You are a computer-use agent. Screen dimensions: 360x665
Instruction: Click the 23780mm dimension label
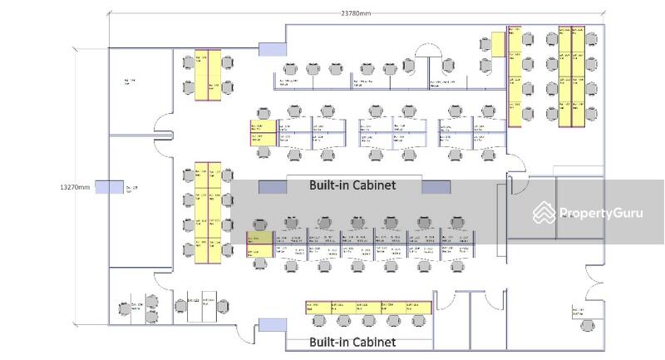tap(356, 12)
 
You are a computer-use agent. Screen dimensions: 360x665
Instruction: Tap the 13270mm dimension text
tap(74, 188)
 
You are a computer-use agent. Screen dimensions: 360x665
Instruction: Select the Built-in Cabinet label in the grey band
tap(352, 185)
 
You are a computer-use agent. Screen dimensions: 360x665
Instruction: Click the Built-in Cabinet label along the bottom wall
tap(352, 342)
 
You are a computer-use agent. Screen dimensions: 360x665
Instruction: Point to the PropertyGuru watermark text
tap(601, 214)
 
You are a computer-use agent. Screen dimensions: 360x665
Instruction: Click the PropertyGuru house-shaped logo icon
tap(544, 213)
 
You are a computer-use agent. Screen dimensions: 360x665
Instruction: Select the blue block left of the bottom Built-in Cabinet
tap(272, 325)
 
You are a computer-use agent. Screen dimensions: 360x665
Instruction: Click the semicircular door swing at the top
tap(432, 50)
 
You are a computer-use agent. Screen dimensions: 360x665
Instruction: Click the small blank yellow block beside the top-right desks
tap(497, 43)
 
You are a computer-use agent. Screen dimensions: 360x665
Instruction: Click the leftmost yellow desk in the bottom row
tap(318, 308)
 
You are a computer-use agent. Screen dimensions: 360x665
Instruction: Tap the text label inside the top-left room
tap(130, 81)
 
